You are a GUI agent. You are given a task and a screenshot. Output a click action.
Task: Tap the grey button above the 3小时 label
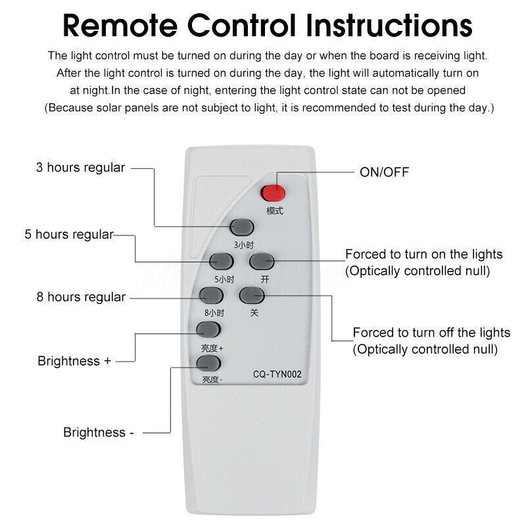point(242,227)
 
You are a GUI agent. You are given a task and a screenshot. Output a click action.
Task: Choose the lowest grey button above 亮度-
point(208,364)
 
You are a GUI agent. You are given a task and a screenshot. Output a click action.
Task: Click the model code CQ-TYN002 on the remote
point(277,375)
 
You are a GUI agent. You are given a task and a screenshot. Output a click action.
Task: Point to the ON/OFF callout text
point(384,172)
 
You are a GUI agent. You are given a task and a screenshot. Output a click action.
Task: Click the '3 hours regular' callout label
point(80,168)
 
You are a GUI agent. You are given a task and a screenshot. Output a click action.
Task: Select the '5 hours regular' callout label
point(69,234)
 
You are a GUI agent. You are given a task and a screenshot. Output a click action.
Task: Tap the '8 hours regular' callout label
point(81,297)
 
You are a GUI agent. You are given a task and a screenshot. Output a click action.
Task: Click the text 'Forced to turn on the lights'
point(424,254)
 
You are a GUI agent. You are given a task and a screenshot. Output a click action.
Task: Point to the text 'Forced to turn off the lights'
point(431,332)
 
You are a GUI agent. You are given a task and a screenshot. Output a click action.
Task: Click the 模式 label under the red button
point(274,211)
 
